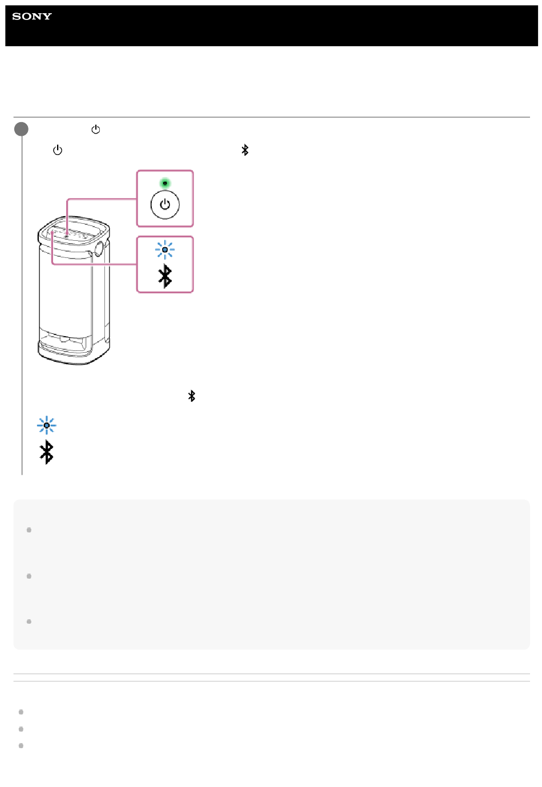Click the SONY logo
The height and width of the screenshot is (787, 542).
click(32, 17)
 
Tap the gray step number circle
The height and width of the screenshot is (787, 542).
click(21, 129)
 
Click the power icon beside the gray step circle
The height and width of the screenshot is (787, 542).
click(95, 130)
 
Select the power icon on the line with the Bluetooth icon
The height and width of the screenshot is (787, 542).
click(58, 150)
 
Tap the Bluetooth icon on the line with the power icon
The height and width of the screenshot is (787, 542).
click(245, 150)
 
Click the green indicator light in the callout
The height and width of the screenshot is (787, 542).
click(165, 183)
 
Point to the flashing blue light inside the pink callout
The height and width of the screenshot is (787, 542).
click(165, 249)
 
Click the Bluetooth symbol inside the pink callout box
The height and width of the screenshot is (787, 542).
click(165, 276)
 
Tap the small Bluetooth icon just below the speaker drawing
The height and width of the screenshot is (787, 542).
click(192, 396)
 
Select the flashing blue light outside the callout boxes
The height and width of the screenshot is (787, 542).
click(46, 425)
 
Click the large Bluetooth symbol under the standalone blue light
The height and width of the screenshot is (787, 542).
click(46, 452)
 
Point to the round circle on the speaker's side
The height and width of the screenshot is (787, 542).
click(99, 248)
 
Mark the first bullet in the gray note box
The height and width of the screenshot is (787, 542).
click(29, 530)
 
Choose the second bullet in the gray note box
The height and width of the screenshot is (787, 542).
click(29, 576)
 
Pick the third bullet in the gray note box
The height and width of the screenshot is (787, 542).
click(29, 621)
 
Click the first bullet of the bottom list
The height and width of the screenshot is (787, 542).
click(21, 712)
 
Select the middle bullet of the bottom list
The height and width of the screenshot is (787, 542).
click(21, 729)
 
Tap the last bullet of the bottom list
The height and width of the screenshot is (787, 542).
click(21, 745)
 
